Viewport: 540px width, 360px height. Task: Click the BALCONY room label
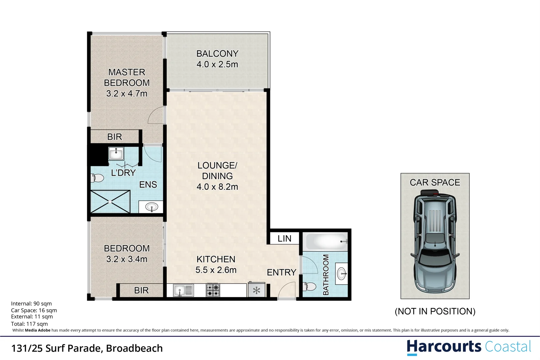click(x=217, y=54)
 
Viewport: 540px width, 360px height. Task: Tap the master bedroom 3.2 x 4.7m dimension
click(x=127, y=94)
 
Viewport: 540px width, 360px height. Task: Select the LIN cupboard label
click(x=284, y=239)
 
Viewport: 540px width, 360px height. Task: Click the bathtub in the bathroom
click(x=326, y=242)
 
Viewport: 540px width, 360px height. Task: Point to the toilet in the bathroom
click(x=310, y=286)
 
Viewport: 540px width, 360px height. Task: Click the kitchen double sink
click(x=183, y=290)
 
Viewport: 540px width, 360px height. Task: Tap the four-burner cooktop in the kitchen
click(x=213, y=290)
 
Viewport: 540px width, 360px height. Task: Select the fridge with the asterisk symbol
click(x=256, y=290)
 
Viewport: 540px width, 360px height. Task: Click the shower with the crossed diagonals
click(x=110, y=202)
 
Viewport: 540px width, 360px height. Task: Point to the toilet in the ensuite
click(x=97, y=178)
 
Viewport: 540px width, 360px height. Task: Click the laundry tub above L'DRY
click(x=116, y=154)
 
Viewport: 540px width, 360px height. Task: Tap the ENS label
click(x=148, y=185)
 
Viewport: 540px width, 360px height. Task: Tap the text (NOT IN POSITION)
click(x=435, y=311)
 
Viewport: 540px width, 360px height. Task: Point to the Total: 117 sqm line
click(x=29, y=324)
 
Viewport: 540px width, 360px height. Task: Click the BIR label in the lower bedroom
click(x=141, y=290)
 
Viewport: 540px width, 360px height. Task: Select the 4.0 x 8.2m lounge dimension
click(x=217, y=187)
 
